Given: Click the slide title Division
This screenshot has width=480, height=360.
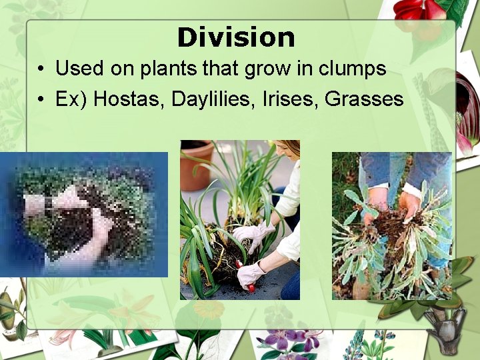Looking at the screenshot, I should coord(236,37).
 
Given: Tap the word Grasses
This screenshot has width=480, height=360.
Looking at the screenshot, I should coord(365,99).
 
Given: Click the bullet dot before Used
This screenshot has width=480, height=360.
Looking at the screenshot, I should coord(41,69).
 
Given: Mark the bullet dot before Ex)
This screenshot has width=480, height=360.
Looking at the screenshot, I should coord(41,100).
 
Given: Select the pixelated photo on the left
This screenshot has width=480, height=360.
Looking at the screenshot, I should coord(83,214).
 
